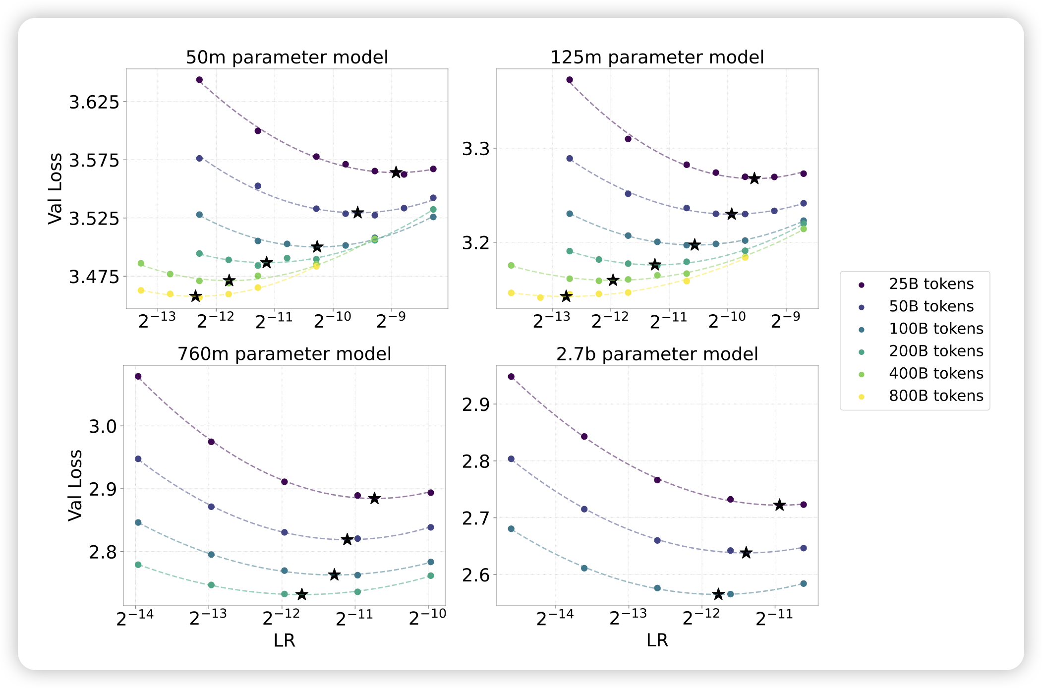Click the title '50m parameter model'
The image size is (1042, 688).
[x=287, y=57]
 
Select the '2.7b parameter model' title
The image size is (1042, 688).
[x=657, y=354]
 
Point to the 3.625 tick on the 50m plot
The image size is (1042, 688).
[x=94, y=103]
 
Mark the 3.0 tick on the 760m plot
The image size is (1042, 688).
[x=103, y=426]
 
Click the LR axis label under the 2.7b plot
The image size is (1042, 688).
[x=657, y=640]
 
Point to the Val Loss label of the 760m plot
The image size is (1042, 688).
[x=75, y=485]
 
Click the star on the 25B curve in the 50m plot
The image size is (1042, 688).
[x=396, y=172]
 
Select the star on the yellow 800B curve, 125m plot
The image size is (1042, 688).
[x=566, y=296]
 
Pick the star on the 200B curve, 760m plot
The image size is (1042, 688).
[x=302, y=594]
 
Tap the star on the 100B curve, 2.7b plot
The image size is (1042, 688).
[x=718, y=594]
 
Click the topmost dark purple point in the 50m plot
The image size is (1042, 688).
[x=199, y=80]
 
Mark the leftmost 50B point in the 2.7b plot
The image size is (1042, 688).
[x=511, y=459]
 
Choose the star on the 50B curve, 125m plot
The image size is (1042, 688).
[x=732, y=214]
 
